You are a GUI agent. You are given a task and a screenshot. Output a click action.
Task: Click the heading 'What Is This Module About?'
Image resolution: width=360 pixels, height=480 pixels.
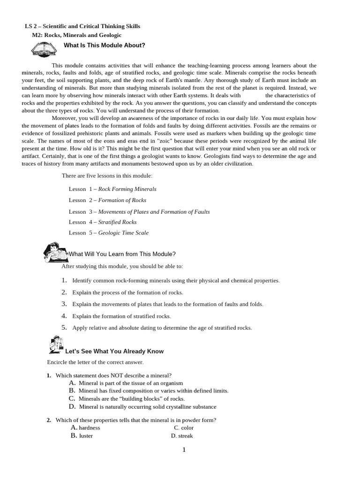(104, 45)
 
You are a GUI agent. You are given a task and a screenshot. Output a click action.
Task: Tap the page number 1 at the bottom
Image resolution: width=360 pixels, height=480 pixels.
(184, 450)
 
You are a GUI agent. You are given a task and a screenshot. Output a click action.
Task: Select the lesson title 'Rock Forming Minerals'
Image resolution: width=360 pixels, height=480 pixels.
(127, 189)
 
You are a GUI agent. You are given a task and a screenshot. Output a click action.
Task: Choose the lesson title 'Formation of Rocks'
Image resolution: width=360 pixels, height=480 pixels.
(122, 200)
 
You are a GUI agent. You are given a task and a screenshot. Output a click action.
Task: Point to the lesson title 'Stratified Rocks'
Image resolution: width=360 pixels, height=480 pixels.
(117, 222)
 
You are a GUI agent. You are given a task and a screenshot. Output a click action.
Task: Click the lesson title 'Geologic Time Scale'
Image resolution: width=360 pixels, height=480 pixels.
(123, 233)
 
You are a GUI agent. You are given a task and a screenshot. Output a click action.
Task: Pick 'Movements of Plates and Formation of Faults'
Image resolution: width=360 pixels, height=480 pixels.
(154, 211)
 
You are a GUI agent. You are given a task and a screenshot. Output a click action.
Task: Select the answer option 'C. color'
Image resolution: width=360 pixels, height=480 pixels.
(183, 427)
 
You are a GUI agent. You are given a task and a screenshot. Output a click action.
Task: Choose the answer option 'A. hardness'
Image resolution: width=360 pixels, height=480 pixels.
(85, 427)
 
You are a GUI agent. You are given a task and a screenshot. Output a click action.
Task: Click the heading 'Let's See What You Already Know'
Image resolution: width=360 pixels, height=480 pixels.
(114, 351)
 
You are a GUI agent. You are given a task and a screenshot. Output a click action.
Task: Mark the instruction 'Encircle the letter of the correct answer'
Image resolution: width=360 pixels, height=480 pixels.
(95, 362)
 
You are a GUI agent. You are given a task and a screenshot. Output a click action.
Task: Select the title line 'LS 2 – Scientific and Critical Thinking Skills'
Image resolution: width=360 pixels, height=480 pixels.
(82, 26)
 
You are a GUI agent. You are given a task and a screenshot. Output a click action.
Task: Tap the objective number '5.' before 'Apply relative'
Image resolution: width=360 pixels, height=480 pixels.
(65, 328)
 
